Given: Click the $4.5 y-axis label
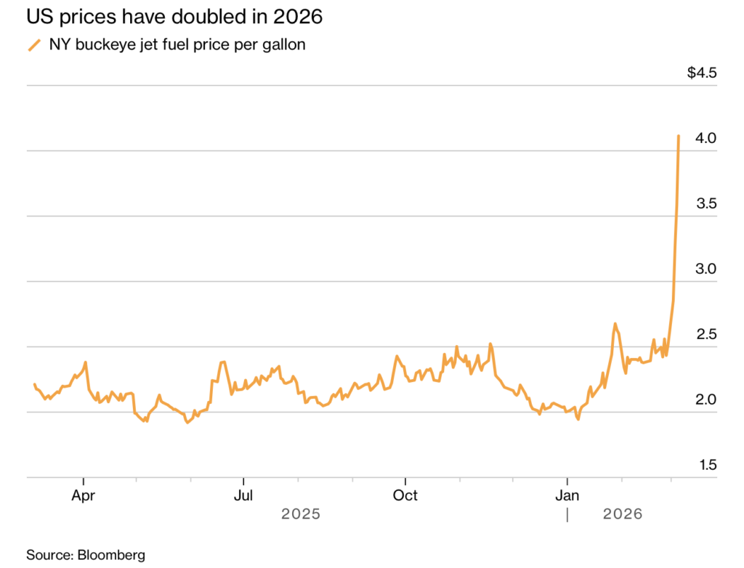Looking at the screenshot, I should pos(702,73).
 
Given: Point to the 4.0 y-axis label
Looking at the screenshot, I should pos(706,138).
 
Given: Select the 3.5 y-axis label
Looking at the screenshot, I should pos(706,203).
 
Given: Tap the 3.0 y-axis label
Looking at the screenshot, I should pos(706,269).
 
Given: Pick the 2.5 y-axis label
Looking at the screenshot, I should pos(706,334).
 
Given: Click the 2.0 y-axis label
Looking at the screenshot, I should pos(706,399).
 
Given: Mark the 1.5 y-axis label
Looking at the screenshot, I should pos(706,465).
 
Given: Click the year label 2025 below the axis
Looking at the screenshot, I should pos(301,514).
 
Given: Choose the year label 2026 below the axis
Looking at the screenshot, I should pos(623,514).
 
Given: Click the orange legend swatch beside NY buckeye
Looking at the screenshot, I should pos(34,45).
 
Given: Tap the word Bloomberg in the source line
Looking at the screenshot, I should pos(110,555).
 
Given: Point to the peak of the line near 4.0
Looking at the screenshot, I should pos(679,136).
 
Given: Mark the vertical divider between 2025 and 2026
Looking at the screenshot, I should pos(567,514).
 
